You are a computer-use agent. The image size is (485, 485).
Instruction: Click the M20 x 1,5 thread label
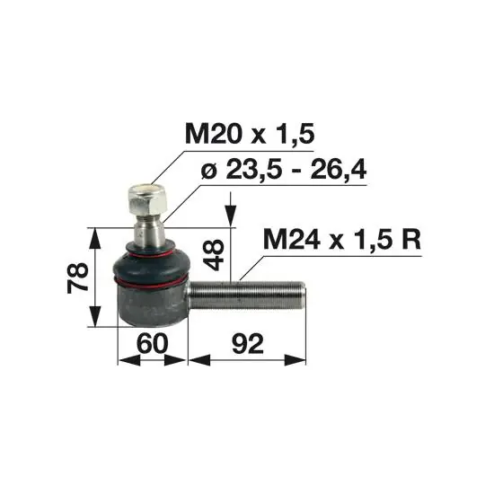[250, 134]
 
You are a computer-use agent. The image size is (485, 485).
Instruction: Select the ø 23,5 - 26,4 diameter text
[284, 170]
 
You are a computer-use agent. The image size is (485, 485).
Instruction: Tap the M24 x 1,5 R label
[342, 240]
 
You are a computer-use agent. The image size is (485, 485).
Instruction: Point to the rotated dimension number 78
[77, 278]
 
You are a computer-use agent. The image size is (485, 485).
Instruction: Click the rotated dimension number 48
[214, 254]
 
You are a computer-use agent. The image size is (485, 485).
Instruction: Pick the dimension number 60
[152, 344]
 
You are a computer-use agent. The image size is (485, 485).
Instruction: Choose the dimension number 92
[248, 344]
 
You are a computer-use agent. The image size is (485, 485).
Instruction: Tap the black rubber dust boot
[151, 264]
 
